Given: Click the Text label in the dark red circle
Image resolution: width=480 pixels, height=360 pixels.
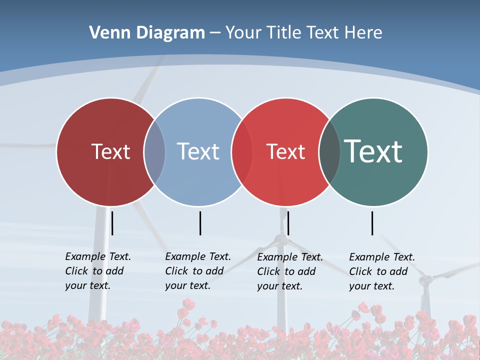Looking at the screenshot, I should [x=111, y=151].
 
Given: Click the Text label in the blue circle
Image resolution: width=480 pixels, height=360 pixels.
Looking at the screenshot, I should [x=198, y=151].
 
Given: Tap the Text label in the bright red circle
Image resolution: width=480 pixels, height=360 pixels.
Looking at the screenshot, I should [x=285, y=151].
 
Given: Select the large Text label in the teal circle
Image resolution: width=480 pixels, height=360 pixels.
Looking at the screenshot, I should [x=373, y=151].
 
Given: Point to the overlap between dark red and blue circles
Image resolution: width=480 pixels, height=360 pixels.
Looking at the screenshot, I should [x=154, y=151].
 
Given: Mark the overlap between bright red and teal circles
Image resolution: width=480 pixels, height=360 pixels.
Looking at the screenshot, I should [x=329, y=151].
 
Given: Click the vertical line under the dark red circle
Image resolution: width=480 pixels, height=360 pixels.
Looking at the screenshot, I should [x=112, y=223].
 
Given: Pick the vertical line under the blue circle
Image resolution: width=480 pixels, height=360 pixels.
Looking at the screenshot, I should [x=200, y=223].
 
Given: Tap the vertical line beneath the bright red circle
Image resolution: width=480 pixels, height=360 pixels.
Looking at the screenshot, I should [x=288, y=223].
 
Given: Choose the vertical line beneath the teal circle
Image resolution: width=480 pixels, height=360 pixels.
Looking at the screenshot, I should [x=372, y=223].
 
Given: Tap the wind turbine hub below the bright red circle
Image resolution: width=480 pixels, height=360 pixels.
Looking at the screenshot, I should [x=282, y=239].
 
